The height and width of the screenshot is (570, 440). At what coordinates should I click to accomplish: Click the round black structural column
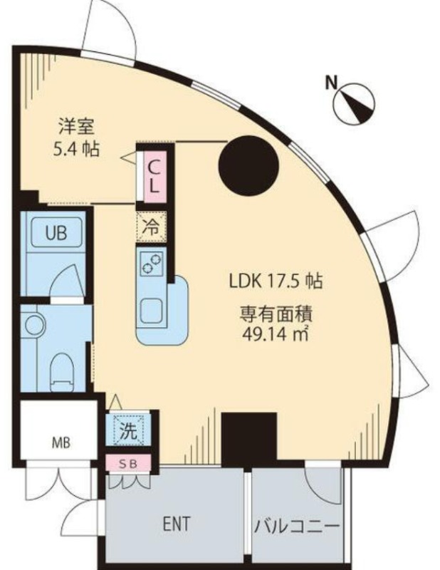coord(248,165)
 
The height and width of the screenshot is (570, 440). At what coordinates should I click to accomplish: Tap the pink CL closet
coord(154,176)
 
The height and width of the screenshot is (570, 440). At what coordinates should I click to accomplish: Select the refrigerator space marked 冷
coord(151,227)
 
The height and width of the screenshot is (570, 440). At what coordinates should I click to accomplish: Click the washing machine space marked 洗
coord(128,430)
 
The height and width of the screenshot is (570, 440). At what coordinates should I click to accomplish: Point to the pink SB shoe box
coord(128,464)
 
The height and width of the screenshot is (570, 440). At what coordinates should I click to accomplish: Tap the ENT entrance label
coord(177,524)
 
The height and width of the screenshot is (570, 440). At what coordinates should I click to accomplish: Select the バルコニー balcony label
coord(297,526)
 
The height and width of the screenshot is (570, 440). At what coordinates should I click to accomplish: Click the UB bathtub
coord(57,233)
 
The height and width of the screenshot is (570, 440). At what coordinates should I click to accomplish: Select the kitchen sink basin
coord(151,311)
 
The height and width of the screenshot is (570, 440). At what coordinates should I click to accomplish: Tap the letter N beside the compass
coord(331,83)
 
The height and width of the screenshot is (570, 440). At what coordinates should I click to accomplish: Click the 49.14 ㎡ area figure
coord(275,333)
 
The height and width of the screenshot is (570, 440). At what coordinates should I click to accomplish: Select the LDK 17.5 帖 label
coord(276,281)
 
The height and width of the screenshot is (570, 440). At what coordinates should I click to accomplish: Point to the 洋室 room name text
coord(77,127)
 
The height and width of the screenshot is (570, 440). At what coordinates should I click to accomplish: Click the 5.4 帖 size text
coord(77,149)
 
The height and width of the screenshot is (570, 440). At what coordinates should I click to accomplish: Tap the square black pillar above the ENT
coord(249,440)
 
